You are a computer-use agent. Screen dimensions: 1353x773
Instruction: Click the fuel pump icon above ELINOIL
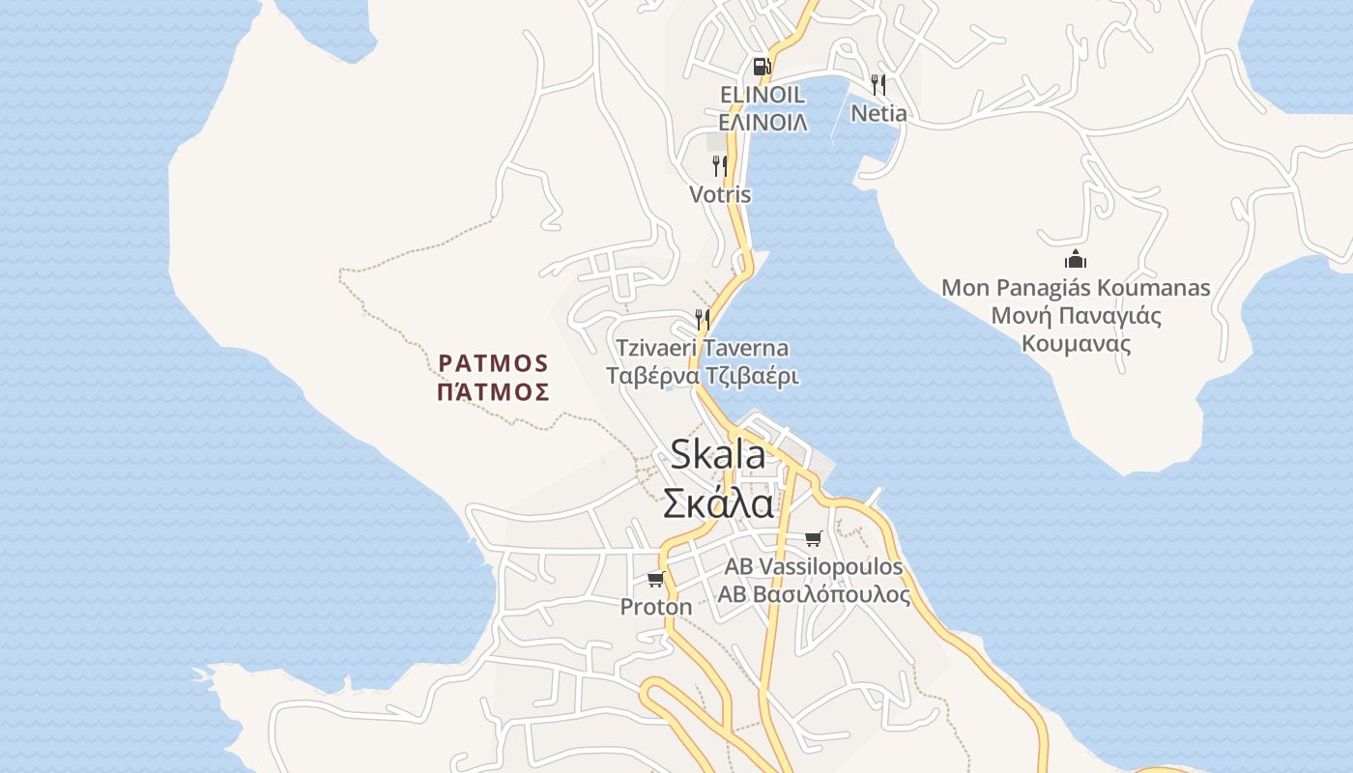762,66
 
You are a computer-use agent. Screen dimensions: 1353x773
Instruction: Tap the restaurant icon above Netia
878,84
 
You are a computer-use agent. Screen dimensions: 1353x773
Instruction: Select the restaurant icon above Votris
720,166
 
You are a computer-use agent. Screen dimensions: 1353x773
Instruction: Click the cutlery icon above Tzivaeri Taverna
703,319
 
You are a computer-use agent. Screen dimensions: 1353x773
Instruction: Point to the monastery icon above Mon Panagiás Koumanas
1076,259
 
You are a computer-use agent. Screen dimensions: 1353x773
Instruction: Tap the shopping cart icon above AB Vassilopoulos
814,538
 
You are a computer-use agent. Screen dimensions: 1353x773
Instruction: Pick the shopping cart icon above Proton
656,579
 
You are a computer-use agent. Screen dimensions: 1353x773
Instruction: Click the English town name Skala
718,454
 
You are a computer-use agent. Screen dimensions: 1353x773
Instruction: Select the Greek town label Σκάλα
718,503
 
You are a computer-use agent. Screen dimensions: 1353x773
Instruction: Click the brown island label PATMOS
494,363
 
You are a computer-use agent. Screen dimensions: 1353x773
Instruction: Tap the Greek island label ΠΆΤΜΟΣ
494,392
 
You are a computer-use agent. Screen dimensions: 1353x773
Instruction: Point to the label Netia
878,113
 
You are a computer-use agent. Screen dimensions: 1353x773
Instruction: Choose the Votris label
720,194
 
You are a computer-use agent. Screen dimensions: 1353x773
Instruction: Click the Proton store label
656,607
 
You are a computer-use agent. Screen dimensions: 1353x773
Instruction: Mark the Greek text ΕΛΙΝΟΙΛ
763,123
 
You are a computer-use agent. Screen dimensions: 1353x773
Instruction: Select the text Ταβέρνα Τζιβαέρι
703,376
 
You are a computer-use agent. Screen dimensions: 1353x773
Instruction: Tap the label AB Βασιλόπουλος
814,594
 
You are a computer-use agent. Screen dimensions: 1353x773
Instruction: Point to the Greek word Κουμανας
1077,344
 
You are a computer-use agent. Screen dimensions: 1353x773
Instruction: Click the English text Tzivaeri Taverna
703,348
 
